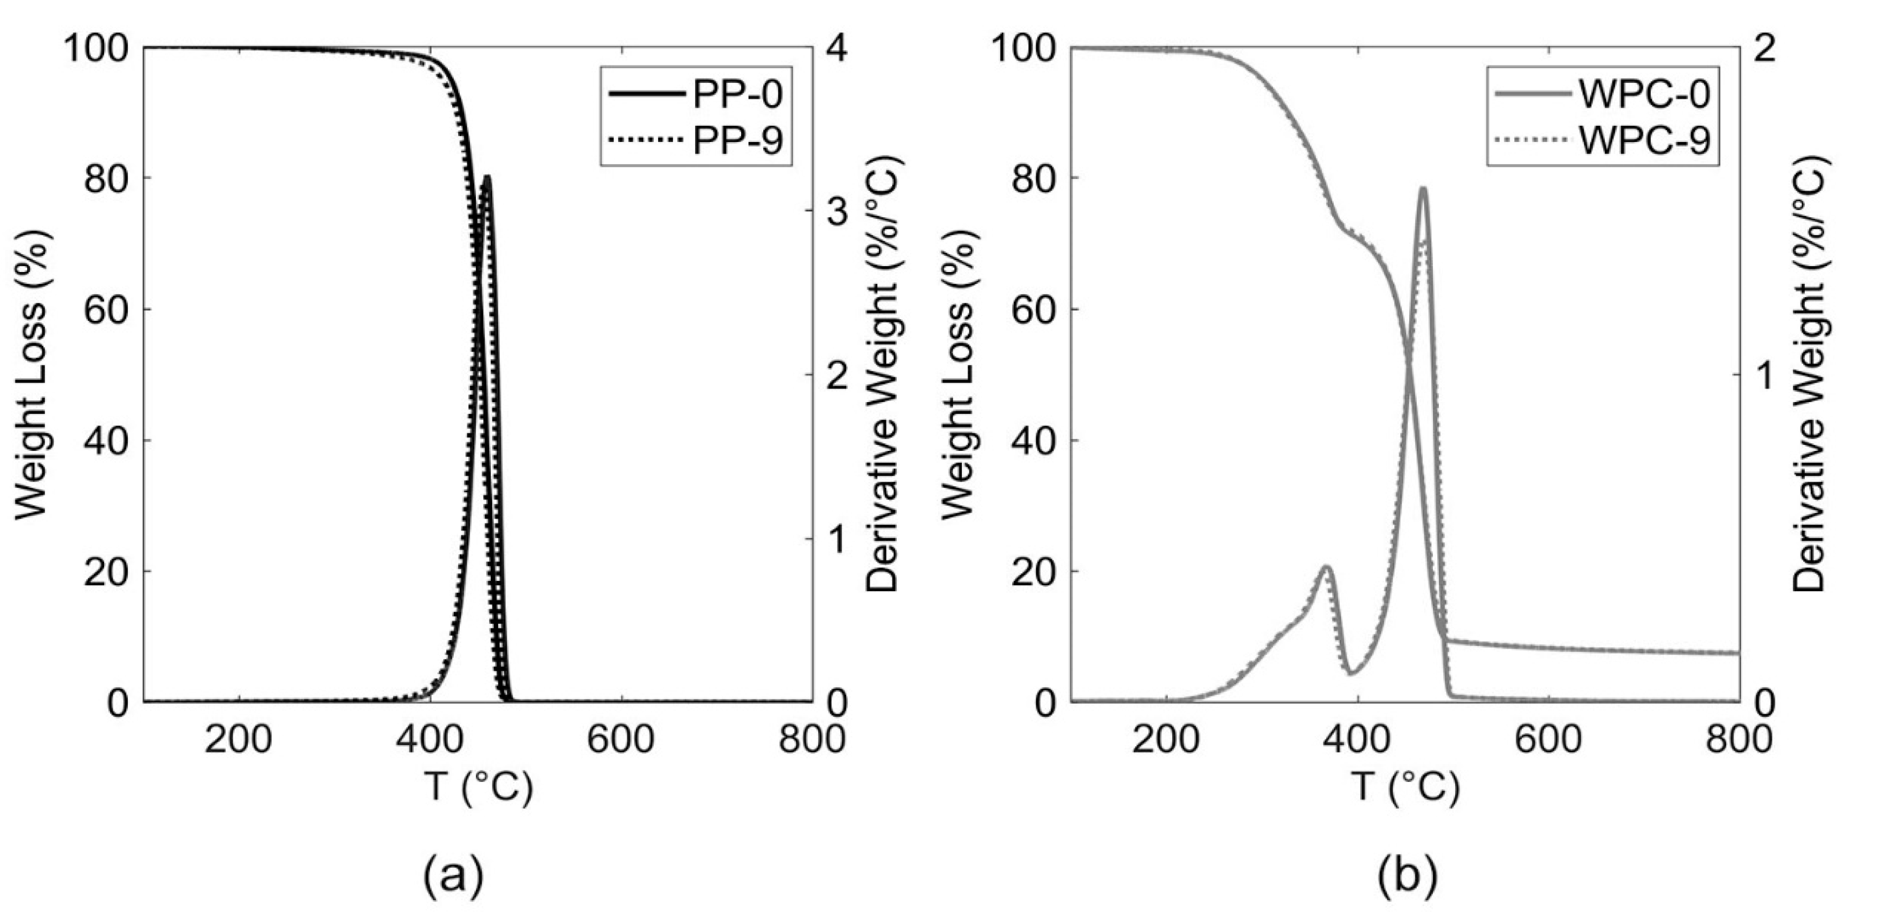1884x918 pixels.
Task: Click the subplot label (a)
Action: pos(453,875)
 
